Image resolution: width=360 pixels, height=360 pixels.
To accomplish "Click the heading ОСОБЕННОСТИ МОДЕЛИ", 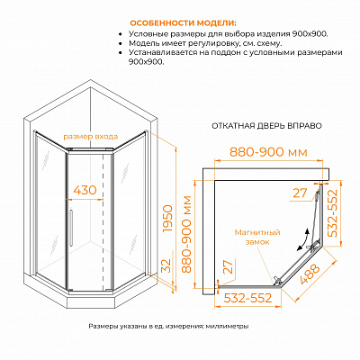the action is [183, 23].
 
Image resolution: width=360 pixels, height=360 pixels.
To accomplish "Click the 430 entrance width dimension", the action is [85, 190].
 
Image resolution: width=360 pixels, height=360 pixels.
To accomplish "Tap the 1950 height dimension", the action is [167, 219].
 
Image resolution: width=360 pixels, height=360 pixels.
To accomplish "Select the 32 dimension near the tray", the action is [167, 265].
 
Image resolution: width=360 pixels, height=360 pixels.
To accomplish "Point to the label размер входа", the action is [90, 137].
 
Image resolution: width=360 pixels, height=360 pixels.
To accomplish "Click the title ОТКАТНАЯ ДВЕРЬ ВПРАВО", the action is [266, 126].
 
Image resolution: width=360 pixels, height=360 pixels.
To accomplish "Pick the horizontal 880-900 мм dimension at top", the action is [268, 152].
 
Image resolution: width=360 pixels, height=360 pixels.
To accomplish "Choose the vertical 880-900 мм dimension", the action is [186, 234].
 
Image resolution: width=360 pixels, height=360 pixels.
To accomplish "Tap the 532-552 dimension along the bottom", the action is [247, 298].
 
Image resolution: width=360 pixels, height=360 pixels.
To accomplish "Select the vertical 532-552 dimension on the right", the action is [332, 213].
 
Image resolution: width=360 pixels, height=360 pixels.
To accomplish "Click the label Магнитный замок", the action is [257, 237].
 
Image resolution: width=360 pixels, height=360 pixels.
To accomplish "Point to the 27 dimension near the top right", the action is [300, 193].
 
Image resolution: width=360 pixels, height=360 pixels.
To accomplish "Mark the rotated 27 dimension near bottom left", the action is [229, 266].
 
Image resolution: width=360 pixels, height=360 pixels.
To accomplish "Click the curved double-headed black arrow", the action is [302, 239].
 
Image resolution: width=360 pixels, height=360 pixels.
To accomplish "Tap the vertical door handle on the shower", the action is [71, 225].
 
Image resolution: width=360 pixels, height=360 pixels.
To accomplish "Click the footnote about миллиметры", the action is [168, 327].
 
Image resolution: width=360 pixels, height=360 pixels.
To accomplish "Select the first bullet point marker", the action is [121, 34].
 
